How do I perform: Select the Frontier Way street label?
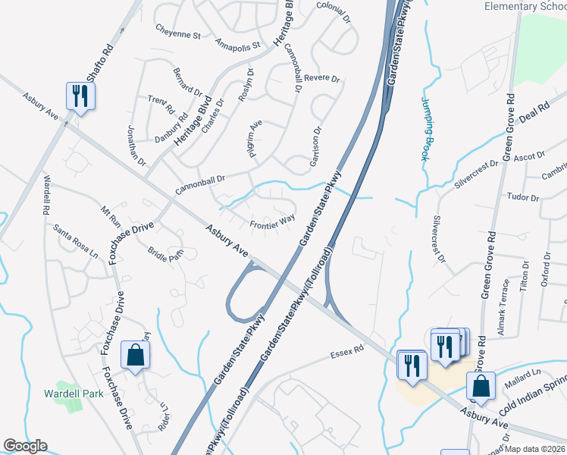tap(272, 223)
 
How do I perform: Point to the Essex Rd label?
tap(348, 353)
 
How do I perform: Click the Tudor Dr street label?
tap(523, 197)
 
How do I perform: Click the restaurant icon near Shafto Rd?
tap(80, 96)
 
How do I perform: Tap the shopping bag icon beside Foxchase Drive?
tap(135, 354)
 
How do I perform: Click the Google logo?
tap(25, 446)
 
